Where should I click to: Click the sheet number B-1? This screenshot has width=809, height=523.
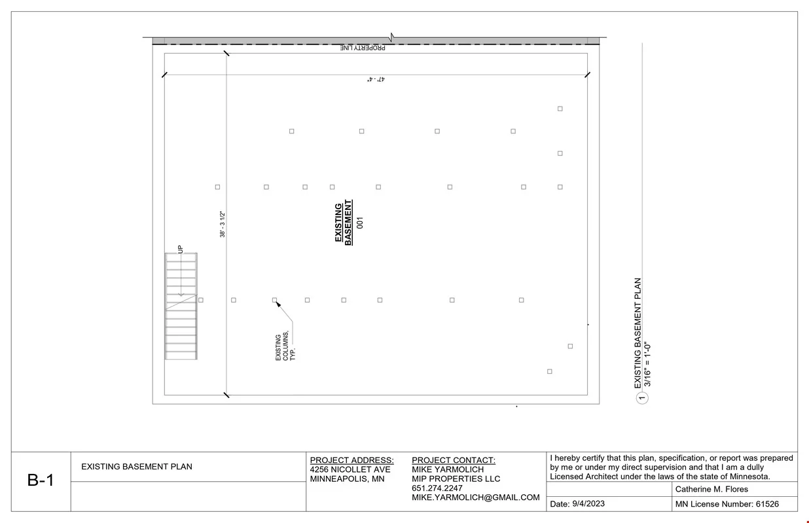[x=41, y=480]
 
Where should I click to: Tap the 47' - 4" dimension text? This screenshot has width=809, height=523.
[x=376, y=79]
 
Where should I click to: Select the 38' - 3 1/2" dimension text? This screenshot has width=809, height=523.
[x=223, y=224]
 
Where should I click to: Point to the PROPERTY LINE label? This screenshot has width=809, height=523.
[x=363, y=48]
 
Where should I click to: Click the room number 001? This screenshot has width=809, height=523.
[x=360, y=222]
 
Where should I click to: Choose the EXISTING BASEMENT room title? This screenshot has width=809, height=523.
[x=344, y=222]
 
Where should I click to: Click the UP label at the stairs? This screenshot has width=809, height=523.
[x=180, y=249]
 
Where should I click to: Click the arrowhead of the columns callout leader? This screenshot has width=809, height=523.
[x=278, y=305]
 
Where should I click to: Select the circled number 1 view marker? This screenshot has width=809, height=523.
[x=642, y=398]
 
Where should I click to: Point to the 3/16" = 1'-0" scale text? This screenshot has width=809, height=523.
[x=647, y=364]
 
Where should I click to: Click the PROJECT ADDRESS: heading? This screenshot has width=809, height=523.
[x=351, y=460]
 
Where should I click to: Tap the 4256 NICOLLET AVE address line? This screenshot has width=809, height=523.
[x=350, y=469]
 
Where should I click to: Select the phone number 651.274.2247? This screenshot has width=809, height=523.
[x=437, y=488]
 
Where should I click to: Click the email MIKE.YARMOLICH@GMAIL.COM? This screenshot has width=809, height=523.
[x=476, y=498]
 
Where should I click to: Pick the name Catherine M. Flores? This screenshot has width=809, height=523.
[x=711, y=490]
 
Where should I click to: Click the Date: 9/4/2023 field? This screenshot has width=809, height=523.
[x=577, y=504]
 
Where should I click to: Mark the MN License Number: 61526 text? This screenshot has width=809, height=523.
[x=727, y=504]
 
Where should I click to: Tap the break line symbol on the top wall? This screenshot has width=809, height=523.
[x=391, y=37]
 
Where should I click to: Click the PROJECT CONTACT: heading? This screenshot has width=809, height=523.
[x=454, y=460]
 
